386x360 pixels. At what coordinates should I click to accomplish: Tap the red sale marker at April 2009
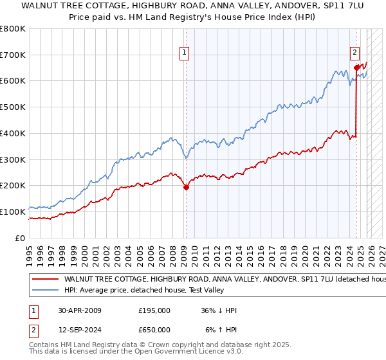(x=186, y=188)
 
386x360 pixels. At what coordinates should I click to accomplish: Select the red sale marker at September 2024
(x=356, y=66)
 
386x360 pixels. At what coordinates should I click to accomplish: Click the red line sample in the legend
(x=44, y=280)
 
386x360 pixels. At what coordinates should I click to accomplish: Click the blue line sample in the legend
(x=44, y=291)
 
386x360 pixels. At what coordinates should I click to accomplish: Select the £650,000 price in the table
(x=154, y=330)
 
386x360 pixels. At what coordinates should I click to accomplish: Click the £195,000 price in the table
(x=154, y=310)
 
